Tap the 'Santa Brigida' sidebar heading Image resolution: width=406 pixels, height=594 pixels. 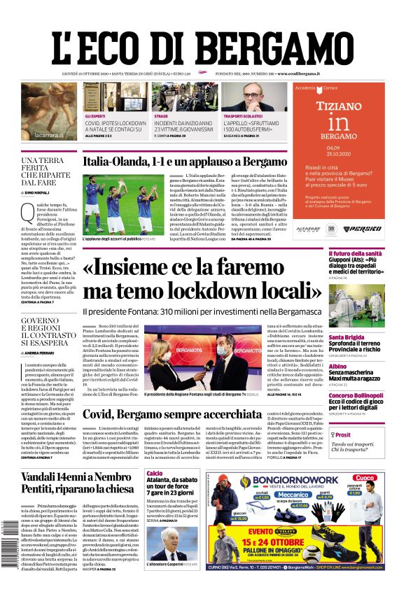tap(347, 337)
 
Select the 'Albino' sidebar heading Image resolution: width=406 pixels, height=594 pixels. tap(337, 367)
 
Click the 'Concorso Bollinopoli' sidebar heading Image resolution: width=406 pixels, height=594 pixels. tap(356, 396)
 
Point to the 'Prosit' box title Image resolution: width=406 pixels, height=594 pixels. tap(342, 434)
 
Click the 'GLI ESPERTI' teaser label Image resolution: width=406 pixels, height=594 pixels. tap(95, 116)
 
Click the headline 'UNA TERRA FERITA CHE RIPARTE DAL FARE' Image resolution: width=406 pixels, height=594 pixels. tap(48, 171)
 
